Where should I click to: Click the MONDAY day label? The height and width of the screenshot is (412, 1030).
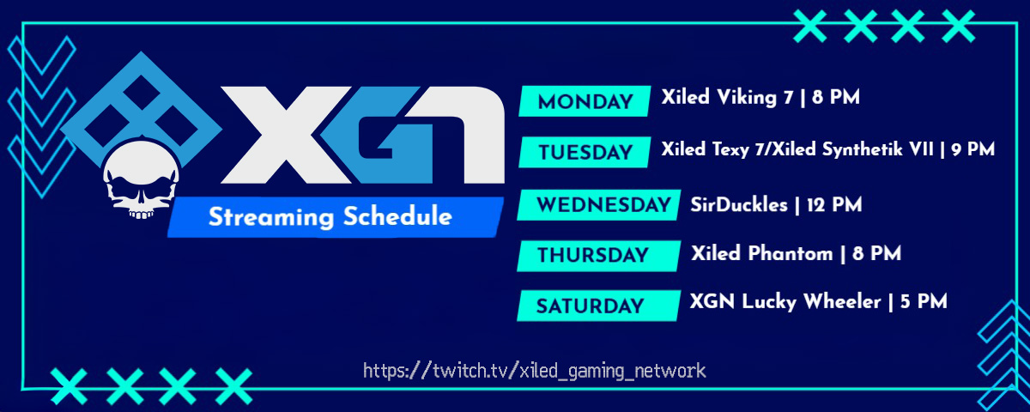tap(585, 102)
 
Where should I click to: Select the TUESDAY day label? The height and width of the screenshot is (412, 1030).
tap(585, 153)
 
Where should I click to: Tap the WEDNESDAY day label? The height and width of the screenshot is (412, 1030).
tap(603, 205)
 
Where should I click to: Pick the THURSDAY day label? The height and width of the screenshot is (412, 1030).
tap(592, 255)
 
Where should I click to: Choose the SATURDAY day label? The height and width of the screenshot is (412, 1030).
tap(590, 306)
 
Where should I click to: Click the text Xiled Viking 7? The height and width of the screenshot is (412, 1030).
tap(727, 98)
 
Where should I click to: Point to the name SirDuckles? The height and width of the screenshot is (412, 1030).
tap(738, 205)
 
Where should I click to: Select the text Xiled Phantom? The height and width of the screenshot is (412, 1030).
tap(761, 254)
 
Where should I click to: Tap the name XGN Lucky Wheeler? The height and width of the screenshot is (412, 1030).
tap(785, 302)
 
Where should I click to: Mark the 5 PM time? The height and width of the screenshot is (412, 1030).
tap(924, 302)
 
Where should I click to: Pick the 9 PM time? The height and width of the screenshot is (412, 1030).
tap(973, 149)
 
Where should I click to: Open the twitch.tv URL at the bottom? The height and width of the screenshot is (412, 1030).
tap(535, 371)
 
